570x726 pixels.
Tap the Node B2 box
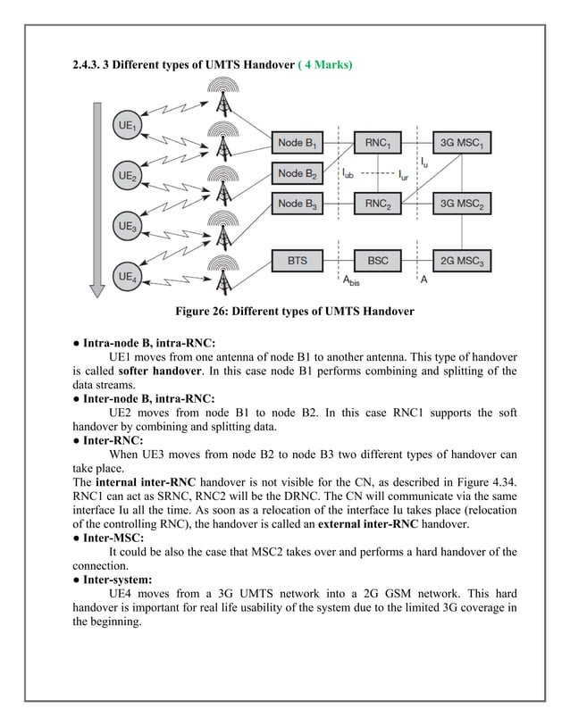click(298, 173)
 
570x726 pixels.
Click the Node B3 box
click(298, 204)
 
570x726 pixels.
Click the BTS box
click(298, 261)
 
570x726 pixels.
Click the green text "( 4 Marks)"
click(325, 67)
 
